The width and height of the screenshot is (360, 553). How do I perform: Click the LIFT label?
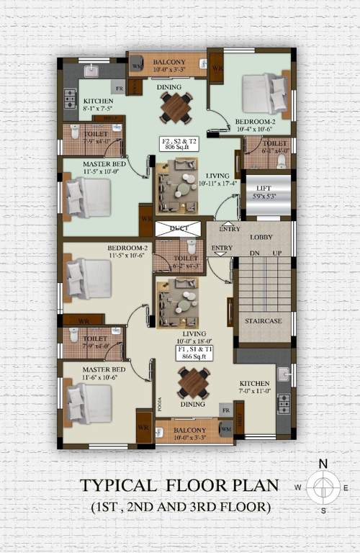click(x=269, y=186)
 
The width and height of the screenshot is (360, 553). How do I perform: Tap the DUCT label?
click(x=179, y=229)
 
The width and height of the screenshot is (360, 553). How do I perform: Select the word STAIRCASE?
click(x=263, y=320)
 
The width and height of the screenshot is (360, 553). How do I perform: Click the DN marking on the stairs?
click(x=253, y=253)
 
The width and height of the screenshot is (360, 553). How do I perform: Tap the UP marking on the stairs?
click(x=276, y=253)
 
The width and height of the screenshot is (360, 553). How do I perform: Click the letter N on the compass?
click(x=323, y=464)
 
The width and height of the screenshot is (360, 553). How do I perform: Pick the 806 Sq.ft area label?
click(x=179, y=145)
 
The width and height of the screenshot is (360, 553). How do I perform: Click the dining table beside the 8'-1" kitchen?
click(x=176, y=107)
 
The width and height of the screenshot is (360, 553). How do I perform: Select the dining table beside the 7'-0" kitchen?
click(x=194, y=382)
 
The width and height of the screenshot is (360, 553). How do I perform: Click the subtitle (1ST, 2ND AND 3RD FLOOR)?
click(x=181, y=507)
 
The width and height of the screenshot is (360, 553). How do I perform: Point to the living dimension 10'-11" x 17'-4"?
click(x=217, y=184)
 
